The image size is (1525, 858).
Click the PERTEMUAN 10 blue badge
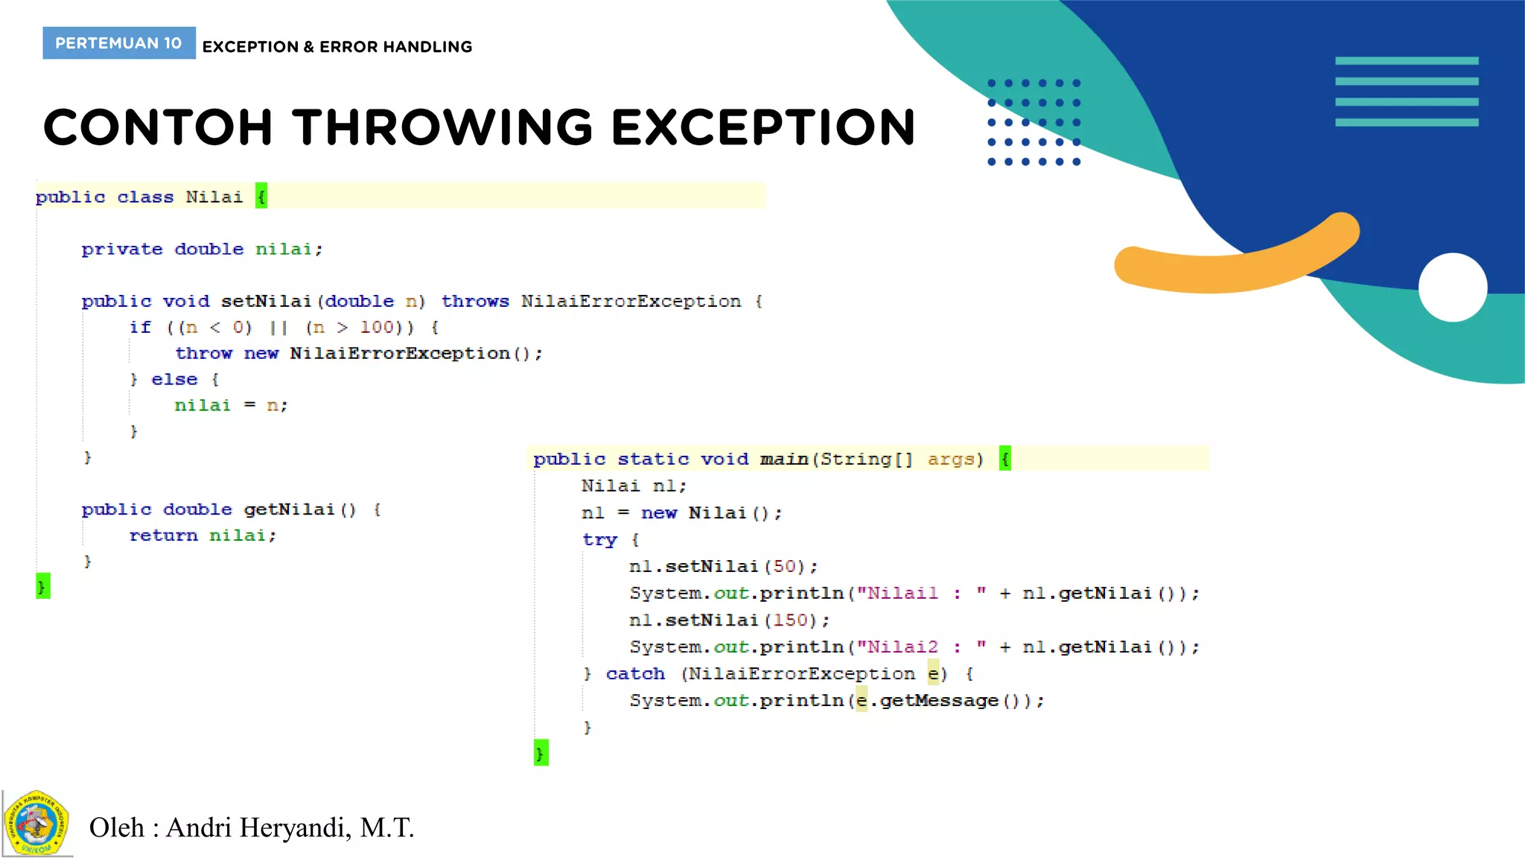pyautogui.click(x=119, y=43)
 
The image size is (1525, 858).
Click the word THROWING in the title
pyautogui.click(x=442, y=127)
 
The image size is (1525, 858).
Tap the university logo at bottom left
pyautogui.click(x=36, y=824)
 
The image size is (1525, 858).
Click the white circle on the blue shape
pyautogui.click(x=1452, y=287)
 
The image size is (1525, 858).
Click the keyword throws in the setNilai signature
pyautogui.click(x=475, y=301)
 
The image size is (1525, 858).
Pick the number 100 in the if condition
pyautogui.click(x=377, y=327)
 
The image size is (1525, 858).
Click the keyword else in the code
pyautogui.click(x=174, y=379)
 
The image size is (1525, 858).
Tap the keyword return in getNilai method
pyautogui.click(x=163, y=536)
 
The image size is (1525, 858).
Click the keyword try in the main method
pyautogui.click(x=599, y=539)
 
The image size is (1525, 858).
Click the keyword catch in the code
pyautogui.click(x=635, y=673)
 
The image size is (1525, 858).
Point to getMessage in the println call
pyautogui.click(x=939, y=700)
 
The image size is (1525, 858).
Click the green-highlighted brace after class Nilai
pyautogui.click(x=261, y=197)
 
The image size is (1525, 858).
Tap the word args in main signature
pyautogui.click(x=951, y=459)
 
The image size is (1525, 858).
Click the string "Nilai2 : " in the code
pyautogui.click(x=922, y=646)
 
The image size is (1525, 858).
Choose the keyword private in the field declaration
pyautogui.click(x=122, y=249)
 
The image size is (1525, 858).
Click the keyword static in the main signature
pyautogui.click(x=653, y=459)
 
